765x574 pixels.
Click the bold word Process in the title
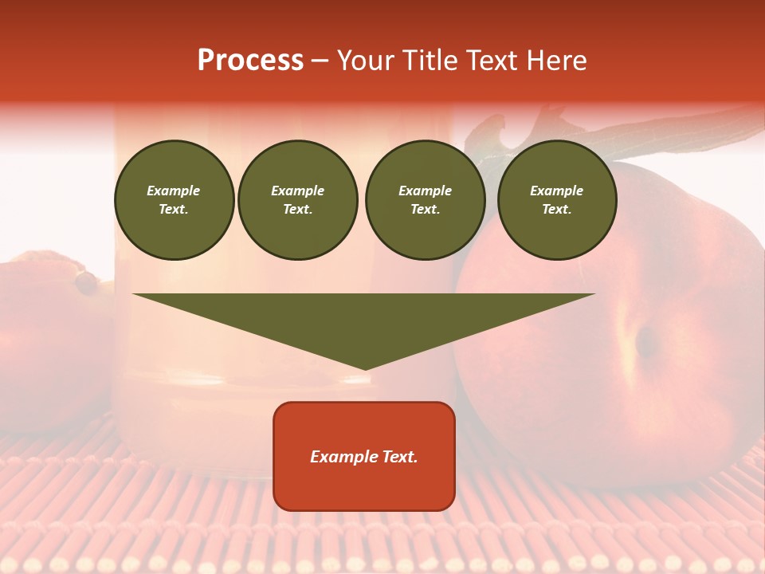(x=250, y=61)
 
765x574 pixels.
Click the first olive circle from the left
(x=175, y=200)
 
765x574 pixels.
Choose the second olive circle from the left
(x=298, y=200)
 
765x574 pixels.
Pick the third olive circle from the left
(x=425, y=200)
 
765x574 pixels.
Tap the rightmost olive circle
(x=557, y=200)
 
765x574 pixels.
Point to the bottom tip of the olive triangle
(x=364, y=368)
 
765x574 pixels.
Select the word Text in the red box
(x=402, y=457)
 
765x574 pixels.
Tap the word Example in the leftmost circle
(x=174, y=191)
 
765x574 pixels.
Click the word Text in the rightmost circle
(x=557, y=210)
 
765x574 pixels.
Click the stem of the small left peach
(x=84, y=281)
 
